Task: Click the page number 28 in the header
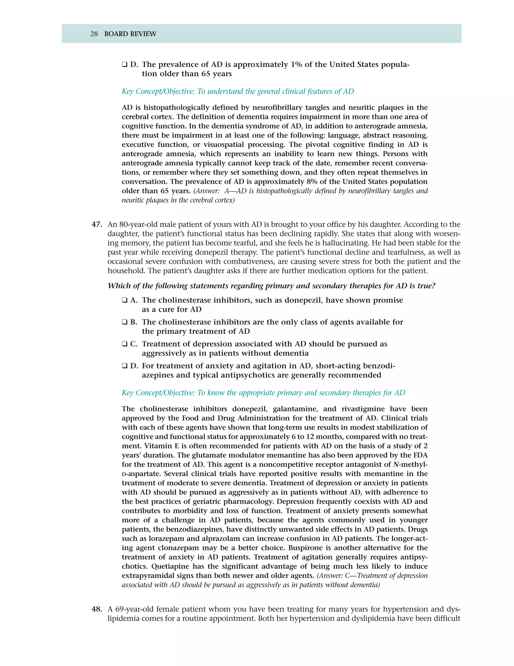94,34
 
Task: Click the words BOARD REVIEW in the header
130,34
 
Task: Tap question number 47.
97,224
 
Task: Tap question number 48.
97,609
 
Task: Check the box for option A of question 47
124,300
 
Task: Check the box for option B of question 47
124,322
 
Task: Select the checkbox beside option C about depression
124,344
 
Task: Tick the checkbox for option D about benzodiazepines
124,366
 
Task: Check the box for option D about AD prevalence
124,65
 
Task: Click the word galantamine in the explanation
294,409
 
